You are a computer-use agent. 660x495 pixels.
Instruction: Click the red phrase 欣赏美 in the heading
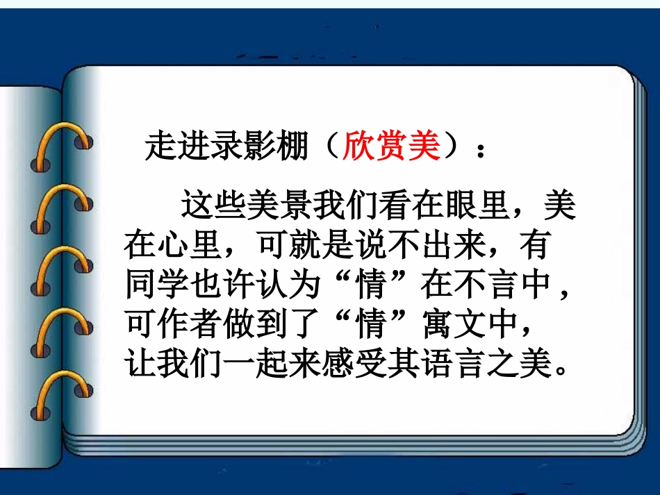392,146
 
